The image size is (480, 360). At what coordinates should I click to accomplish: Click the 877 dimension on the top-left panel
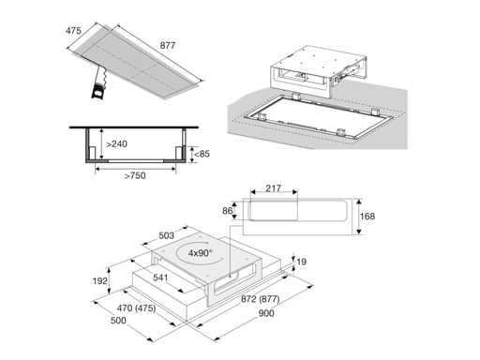click(x=168, y=46)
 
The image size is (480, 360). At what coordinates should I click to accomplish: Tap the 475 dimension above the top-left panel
click(x=73, y=31)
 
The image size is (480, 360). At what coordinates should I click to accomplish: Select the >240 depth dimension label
click(x=116, y=144)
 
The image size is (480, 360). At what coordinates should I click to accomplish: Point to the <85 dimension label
click(x=202, y=154)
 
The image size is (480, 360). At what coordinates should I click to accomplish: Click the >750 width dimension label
click(x=135, y=175)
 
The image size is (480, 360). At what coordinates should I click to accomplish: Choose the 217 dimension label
click(x=273, y=188)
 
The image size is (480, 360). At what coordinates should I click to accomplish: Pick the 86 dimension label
click(x=228, y=211)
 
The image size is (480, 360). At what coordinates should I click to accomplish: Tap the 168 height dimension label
click(x=367, y=217)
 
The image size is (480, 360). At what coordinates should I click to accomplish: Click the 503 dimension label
click(x=166, y=235)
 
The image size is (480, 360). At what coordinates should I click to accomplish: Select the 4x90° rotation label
click(x=200, y=253)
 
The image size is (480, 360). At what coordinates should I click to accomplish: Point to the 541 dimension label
click(x=160, y=277)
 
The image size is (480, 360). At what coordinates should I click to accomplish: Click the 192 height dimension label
click(x=100, y=281)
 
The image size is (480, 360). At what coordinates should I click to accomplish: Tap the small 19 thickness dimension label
click(x=302, y=262)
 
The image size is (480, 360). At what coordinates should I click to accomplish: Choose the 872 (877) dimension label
click(x=260, y=299)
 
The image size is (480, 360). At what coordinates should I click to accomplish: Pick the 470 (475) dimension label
click(x=136, y=308)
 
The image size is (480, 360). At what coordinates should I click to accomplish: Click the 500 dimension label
click(x=118, y=321)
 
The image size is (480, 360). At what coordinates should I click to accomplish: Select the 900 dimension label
click(x=266, y=313)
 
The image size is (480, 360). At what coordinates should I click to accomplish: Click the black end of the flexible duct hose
click(x=97, y=92)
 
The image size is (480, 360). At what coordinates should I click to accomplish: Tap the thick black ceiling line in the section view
click(x=134, y=127)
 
